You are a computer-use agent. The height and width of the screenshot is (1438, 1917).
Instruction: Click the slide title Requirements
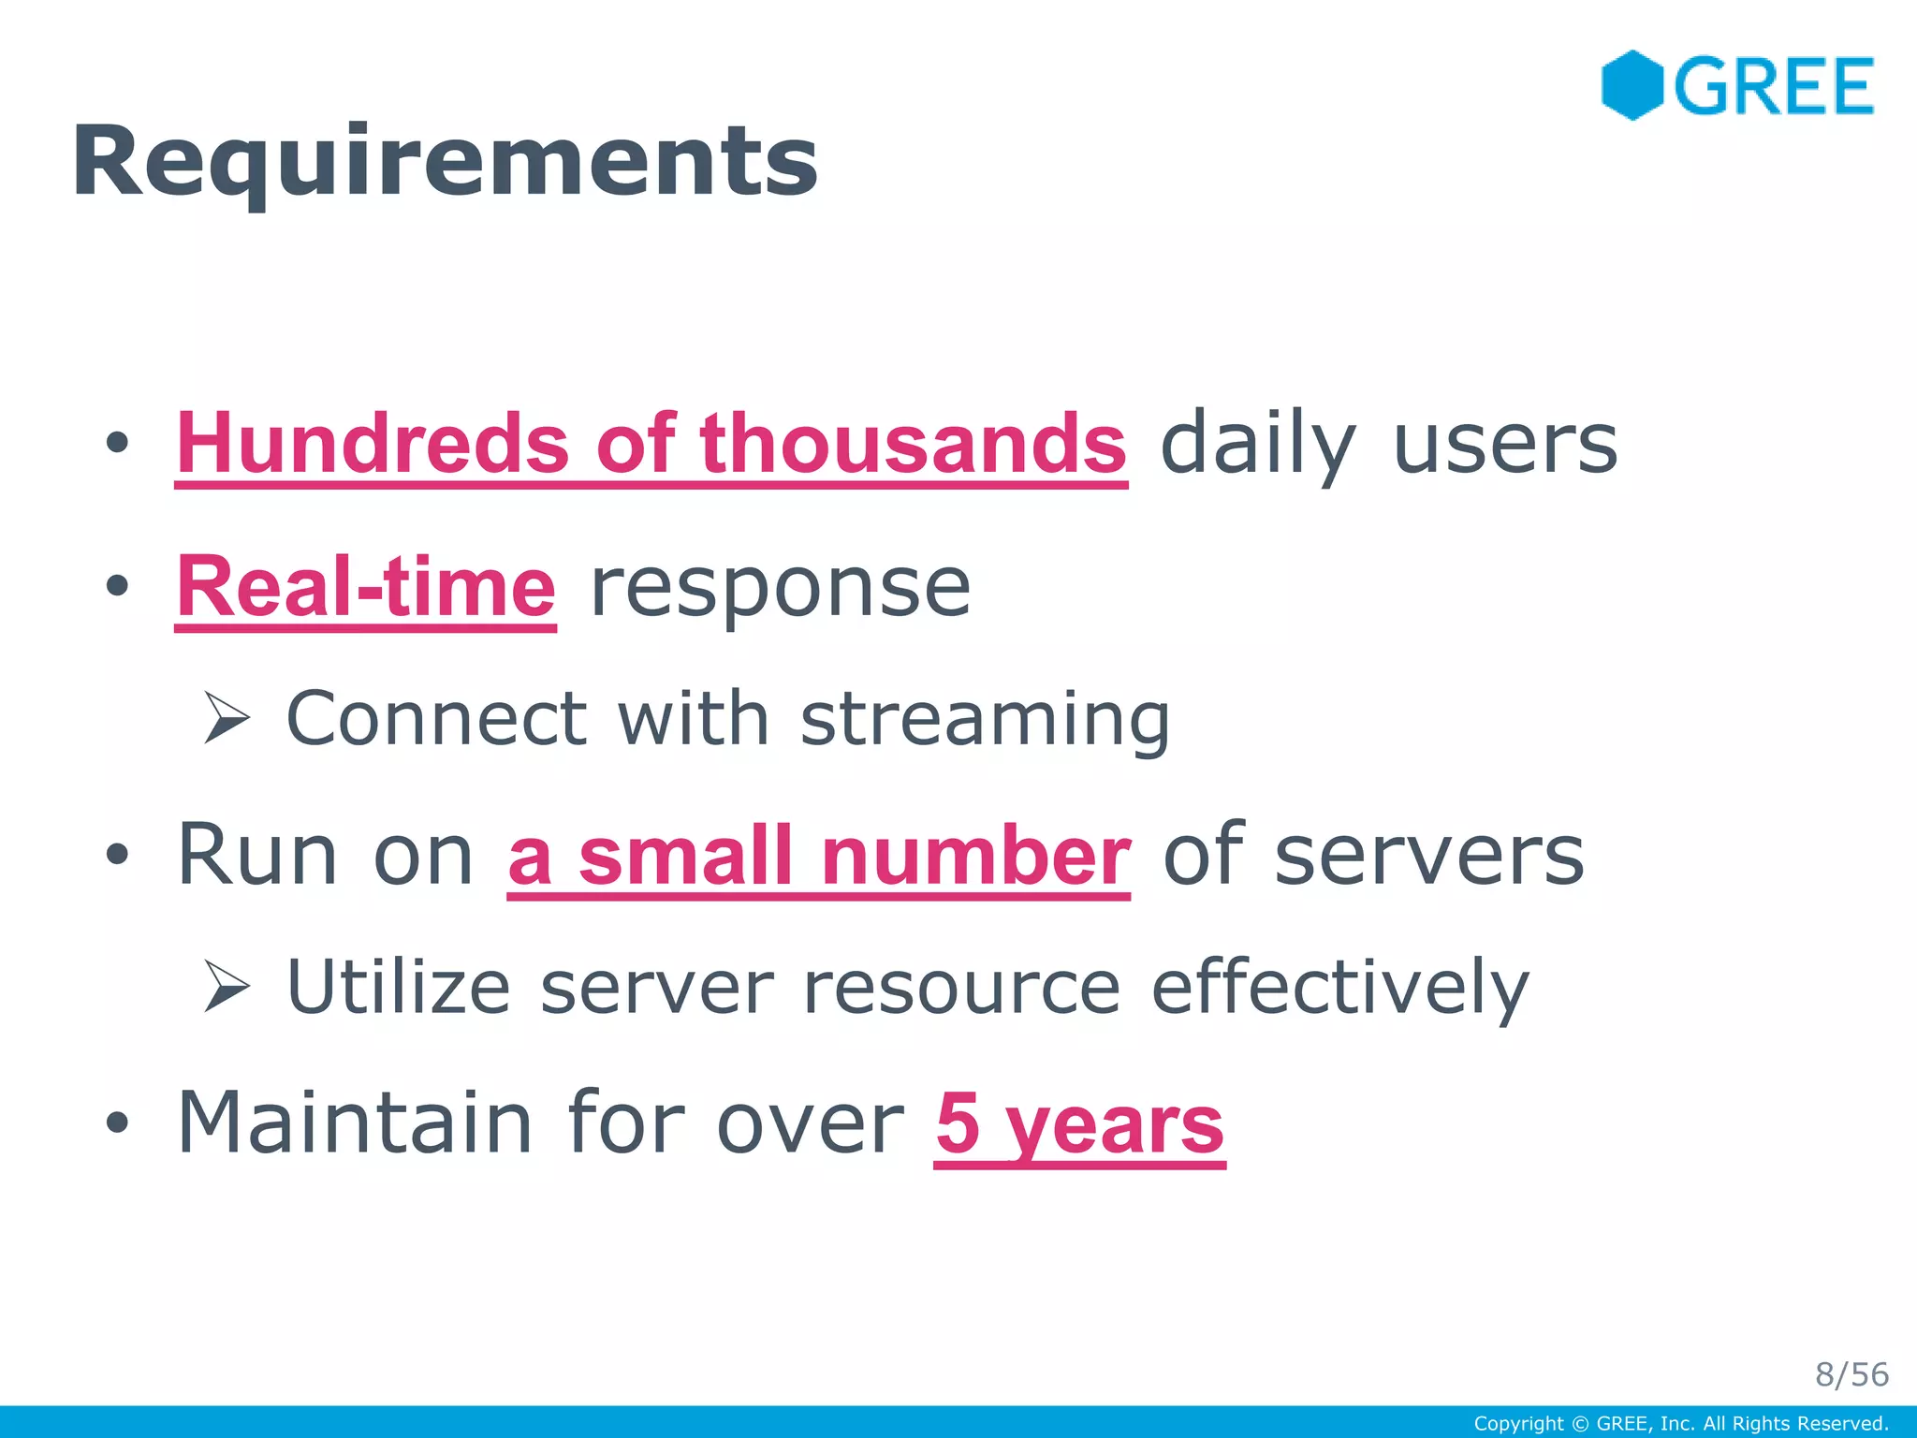pyautogui.click(x=445, y=161)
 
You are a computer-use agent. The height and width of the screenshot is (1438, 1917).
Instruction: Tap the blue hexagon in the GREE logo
pyautogui.click(x=1632, y=85)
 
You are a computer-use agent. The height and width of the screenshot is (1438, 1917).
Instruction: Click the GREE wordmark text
pyautogui.click(x=1774, y=87)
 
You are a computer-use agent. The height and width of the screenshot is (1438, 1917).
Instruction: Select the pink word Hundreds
pyautogui.click(x=373, y=443)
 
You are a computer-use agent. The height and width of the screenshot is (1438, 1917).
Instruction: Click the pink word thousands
pyautogui.click(x=913, y=443)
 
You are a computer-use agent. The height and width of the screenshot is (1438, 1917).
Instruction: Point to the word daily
pyautogui.click(x=1257, y=445)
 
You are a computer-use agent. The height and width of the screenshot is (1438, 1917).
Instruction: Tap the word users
pyautogui.click(x=1505, y=445)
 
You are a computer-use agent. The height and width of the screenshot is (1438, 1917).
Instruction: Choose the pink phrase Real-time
pyautogui.click(x=366, y=587)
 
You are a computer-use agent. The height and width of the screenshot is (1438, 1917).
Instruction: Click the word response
pyautogui.click(x=781, y=587)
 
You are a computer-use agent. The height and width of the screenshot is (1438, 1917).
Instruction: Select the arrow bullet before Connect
pyautogui.click(x=227, y=718)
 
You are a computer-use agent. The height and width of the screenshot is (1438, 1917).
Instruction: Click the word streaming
pyautogui.click(x=985, y=720)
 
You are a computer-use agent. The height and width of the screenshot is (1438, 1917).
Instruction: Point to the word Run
pyautogui.click(x=256, y=854)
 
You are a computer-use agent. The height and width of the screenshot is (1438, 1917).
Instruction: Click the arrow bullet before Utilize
pyautogui.click(x=227, y=987)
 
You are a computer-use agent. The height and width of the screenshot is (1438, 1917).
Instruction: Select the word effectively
pyautogui.click(x=1339, y=987)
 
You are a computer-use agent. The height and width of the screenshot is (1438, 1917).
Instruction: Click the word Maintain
pyautogui.click(x=355, y=1123)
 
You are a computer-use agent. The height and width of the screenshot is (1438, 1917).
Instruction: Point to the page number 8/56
pyautogui.click(x=1851, y=1374)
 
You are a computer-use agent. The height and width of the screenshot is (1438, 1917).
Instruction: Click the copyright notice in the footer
pyautogui.click(x=1680, y=1424)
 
